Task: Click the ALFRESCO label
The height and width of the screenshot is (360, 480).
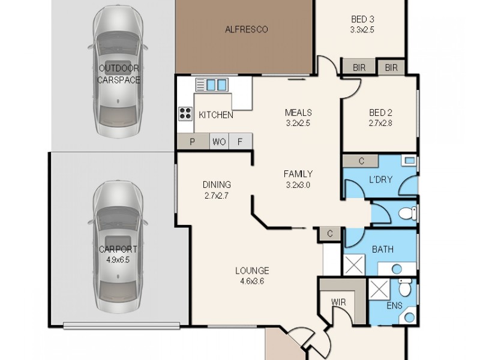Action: [247, 29]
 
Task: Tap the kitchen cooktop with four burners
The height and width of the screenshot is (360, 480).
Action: [185, 113]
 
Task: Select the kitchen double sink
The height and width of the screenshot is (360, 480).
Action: [212, 85]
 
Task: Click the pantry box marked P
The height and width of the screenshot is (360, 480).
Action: [193, 142]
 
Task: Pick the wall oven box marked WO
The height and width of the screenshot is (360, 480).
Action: [219, 142]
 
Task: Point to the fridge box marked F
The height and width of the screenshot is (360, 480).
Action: [241, 142]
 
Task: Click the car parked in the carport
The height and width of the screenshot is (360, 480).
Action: [118, 247]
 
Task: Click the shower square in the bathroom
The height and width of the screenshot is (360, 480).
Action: [354, 265]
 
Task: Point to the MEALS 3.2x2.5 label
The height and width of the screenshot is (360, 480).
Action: [298, 118]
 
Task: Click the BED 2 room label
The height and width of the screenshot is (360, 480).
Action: [380, 113]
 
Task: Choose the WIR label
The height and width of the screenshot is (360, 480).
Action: [338, 302]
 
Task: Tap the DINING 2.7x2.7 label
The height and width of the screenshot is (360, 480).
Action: [217, 190]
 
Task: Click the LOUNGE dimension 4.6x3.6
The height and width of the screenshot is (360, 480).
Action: [252, 281]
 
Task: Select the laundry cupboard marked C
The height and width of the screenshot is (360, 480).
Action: [361, 161]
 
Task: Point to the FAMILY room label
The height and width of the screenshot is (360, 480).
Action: [298, 174]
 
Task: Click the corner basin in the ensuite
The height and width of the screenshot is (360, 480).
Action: [409, 317]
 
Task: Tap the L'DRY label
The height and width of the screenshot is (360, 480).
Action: [380, 179]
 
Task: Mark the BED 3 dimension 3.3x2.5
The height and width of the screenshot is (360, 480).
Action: [362, 30]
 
